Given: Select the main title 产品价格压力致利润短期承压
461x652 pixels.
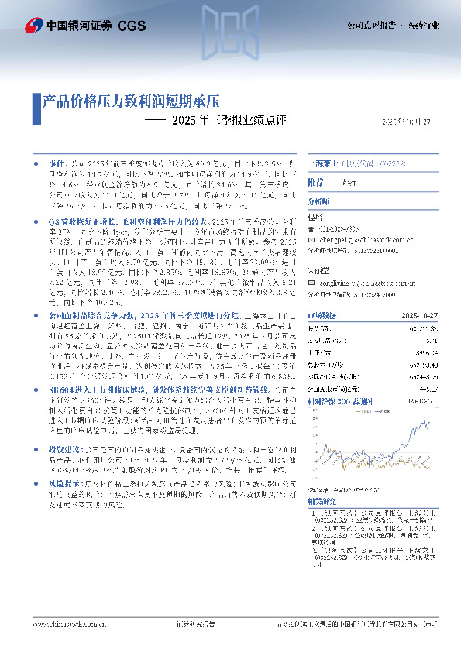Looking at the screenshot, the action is click(x=132, y=101).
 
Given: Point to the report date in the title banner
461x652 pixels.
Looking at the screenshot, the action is click(x=411, y=122).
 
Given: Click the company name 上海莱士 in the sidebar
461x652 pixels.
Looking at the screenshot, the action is click(x=325, y=165).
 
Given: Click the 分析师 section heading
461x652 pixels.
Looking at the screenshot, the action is click(x=319, y=201).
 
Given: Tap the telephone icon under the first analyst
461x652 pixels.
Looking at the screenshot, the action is click(x=311, y=228).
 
